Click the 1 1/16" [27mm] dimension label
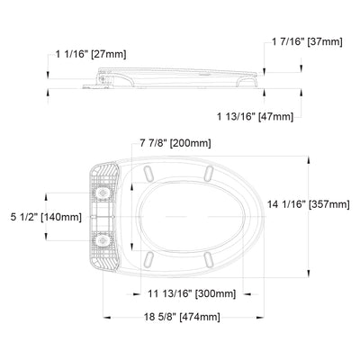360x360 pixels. coord(91,54)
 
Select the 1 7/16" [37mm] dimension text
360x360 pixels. coord(307,41)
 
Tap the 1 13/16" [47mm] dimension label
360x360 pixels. coord(255,116)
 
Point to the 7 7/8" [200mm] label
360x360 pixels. coord(175,143)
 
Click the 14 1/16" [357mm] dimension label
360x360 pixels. coord(309,204)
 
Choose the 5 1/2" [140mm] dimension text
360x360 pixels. coord(46,217)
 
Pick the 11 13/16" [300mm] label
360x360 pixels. coord(192,293)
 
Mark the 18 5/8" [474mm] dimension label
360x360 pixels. coord(182,317)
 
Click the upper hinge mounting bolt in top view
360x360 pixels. coord(103,193)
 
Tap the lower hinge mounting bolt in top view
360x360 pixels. coord(103,240)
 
